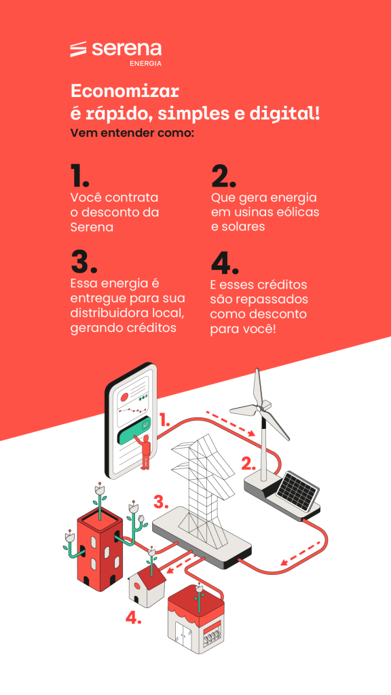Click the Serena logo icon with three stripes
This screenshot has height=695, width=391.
(78, 49)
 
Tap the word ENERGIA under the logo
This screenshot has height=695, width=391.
(145, 63)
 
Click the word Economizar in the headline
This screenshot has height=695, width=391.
(125, 92)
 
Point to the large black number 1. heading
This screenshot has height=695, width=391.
(79, 176)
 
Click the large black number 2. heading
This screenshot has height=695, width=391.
(223, 176)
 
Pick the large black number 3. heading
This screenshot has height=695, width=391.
(83, 261)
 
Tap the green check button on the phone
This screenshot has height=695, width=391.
(134, 426)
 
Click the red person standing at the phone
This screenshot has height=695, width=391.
(145, 451)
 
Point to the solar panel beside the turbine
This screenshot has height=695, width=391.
(297, 490)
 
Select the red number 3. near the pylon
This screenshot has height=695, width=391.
(162, 503)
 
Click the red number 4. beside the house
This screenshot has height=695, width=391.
(134, 618)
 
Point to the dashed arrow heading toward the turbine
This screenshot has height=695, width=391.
(231, 424)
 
